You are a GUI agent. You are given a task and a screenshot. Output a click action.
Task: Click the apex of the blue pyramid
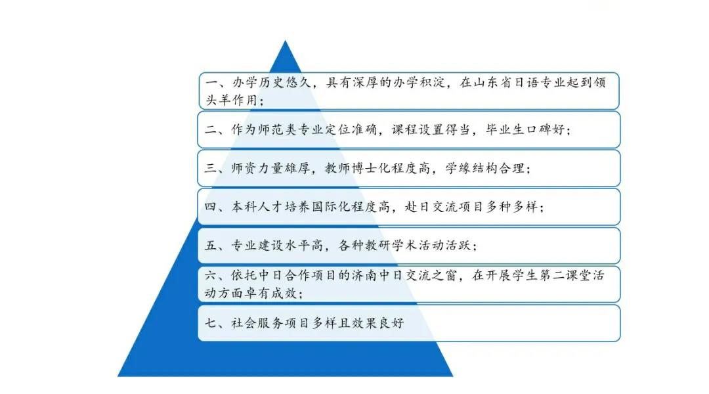pos(285,41)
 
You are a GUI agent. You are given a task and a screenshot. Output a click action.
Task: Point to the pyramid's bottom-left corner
pos(118,376)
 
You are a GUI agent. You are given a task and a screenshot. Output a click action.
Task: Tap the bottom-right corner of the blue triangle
pos(452,376)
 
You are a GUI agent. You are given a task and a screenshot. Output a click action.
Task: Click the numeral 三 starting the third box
pos(211,169)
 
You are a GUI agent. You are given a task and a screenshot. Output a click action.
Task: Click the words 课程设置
pos(418,130)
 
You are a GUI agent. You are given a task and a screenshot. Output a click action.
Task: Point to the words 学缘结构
pos(471,169)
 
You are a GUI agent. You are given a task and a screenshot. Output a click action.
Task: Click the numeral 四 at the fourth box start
pos(211,207)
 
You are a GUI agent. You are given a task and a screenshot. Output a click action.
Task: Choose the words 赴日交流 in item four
pos(431,207)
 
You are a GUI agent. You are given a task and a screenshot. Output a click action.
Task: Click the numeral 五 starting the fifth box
pos(211,246)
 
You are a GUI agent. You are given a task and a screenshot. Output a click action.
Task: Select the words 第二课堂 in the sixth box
pos(565,276)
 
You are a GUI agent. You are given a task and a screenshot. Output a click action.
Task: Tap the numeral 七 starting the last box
pos(211,323)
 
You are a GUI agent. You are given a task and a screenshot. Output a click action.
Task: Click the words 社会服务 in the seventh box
pos(257,323)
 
